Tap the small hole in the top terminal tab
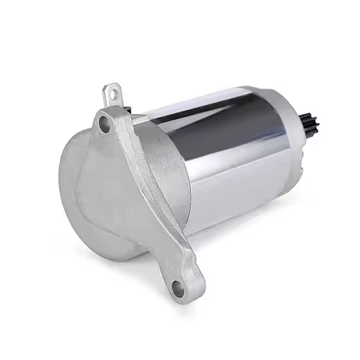[113, 93]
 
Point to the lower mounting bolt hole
[178, 286]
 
